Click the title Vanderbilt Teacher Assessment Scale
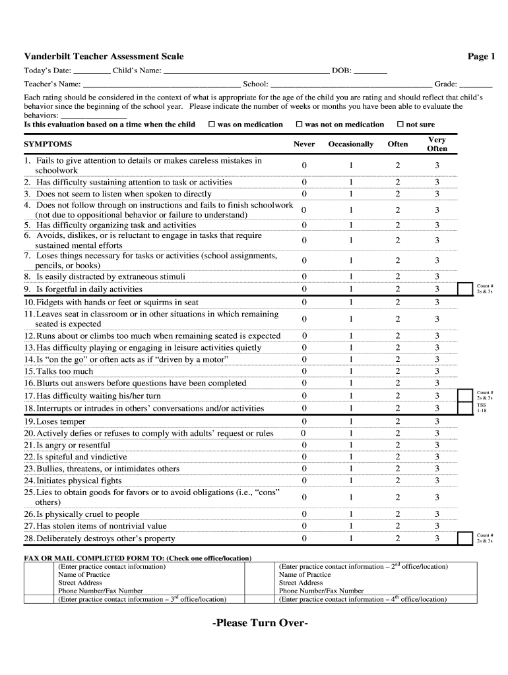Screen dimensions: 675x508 coord(104,57)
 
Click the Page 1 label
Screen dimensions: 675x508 coord(481,57)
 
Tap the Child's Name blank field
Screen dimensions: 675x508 coord(245,71)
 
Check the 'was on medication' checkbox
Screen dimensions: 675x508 coord(212,124)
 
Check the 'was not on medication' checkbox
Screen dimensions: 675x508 coord(299,124)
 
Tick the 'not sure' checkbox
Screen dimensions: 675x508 coord(400,124)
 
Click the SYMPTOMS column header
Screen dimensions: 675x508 coord(48,144)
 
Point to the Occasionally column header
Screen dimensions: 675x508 coord(350,144)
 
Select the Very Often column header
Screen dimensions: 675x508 coord(437,144)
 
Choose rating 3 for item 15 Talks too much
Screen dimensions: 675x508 coord(437,371)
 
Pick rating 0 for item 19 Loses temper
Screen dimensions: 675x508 coord(304,421)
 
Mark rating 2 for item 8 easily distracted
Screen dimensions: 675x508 coord(397,276)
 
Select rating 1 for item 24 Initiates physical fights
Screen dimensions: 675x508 coord(351,481)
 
